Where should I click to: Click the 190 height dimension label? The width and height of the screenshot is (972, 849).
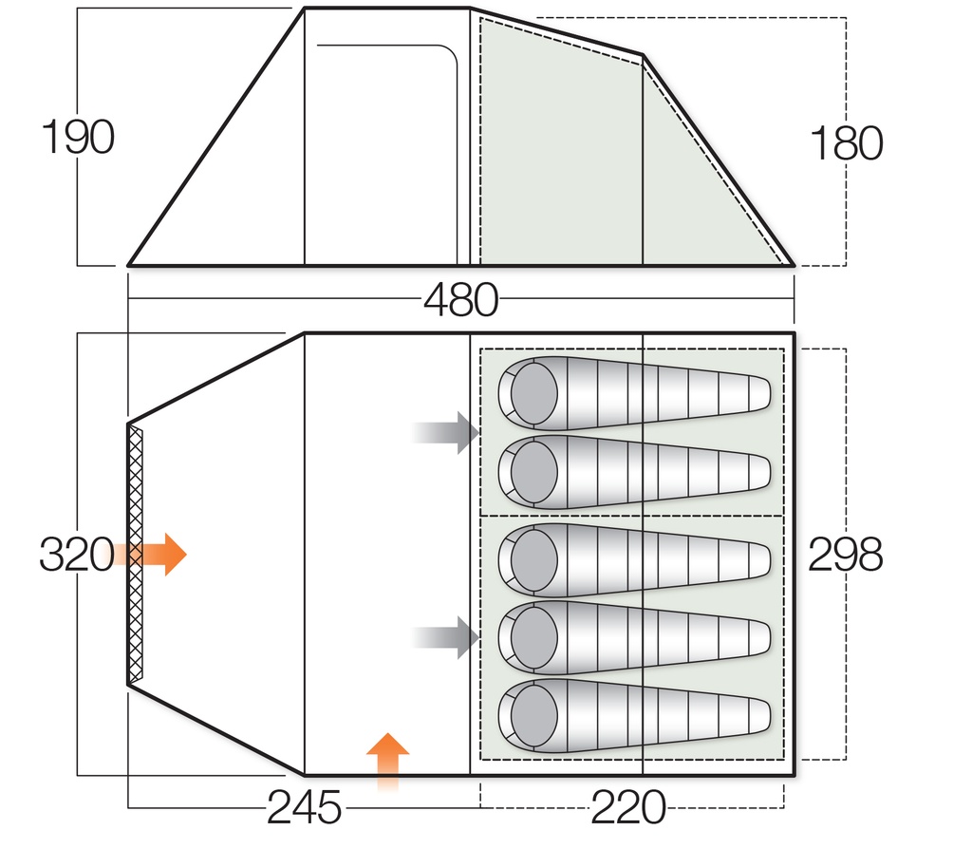[x=78, y=139]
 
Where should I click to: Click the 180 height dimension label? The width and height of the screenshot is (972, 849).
[x=846, y=144]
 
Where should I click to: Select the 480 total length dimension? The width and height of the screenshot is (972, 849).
[x=460, y=301]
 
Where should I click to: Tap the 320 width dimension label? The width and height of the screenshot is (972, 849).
[x=76, y=555]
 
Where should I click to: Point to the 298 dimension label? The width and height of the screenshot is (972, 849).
[x=845, y=555]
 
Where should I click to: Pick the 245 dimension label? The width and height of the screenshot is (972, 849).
[x=304, y=809]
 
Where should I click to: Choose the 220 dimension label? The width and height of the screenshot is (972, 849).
[x=627, y=809]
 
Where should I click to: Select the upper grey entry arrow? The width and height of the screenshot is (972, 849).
[x=446, y=433]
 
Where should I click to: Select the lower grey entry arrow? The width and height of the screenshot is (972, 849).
[x=446, y=637]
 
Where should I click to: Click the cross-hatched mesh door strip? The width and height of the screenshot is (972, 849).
[x=136, y=553]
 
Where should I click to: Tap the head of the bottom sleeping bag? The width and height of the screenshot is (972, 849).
[x=533, y=712]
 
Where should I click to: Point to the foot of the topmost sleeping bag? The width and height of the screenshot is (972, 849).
[x=755, y=393]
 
